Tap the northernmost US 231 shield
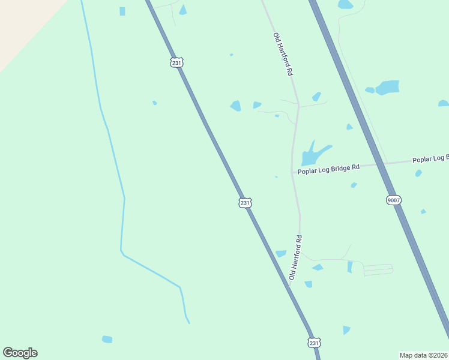tap(176, 62)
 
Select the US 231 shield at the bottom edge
tap(314, 343)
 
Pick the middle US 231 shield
tap(244, 203)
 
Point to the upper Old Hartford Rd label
tap(283, 54)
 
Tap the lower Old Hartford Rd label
tap(295, 257)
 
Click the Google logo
tap(20, 353)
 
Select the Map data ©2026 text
tap(423, 355)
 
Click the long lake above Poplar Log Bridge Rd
tap(313, 155)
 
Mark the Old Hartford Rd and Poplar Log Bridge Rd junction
tap(292, 173)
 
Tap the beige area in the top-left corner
tap(24, 24)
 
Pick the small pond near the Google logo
tap(107, 340)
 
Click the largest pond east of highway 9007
tap(387, 88)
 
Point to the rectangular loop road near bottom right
tap(378, 269)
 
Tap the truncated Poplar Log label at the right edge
tap(430, 158)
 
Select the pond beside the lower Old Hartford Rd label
tap(281, 254)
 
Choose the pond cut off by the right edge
tap(444, 103)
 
